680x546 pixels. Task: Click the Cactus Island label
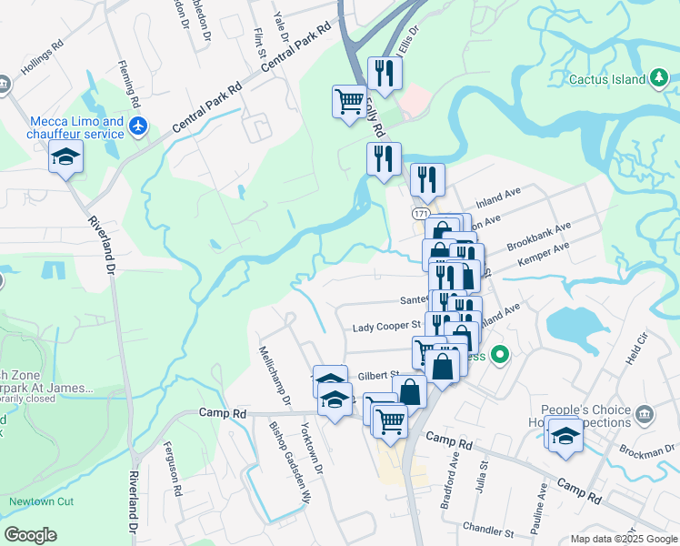point(606,79)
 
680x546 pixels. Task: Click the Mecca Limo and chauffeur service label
point(76,127)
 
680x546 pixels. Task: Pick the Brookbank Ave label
point(539,237)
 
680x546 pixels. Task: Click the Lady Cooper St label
point(386,325)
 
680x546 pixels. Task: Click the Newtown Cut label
point(38,501)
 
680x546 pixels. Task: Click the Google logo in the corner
point(31,535)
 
